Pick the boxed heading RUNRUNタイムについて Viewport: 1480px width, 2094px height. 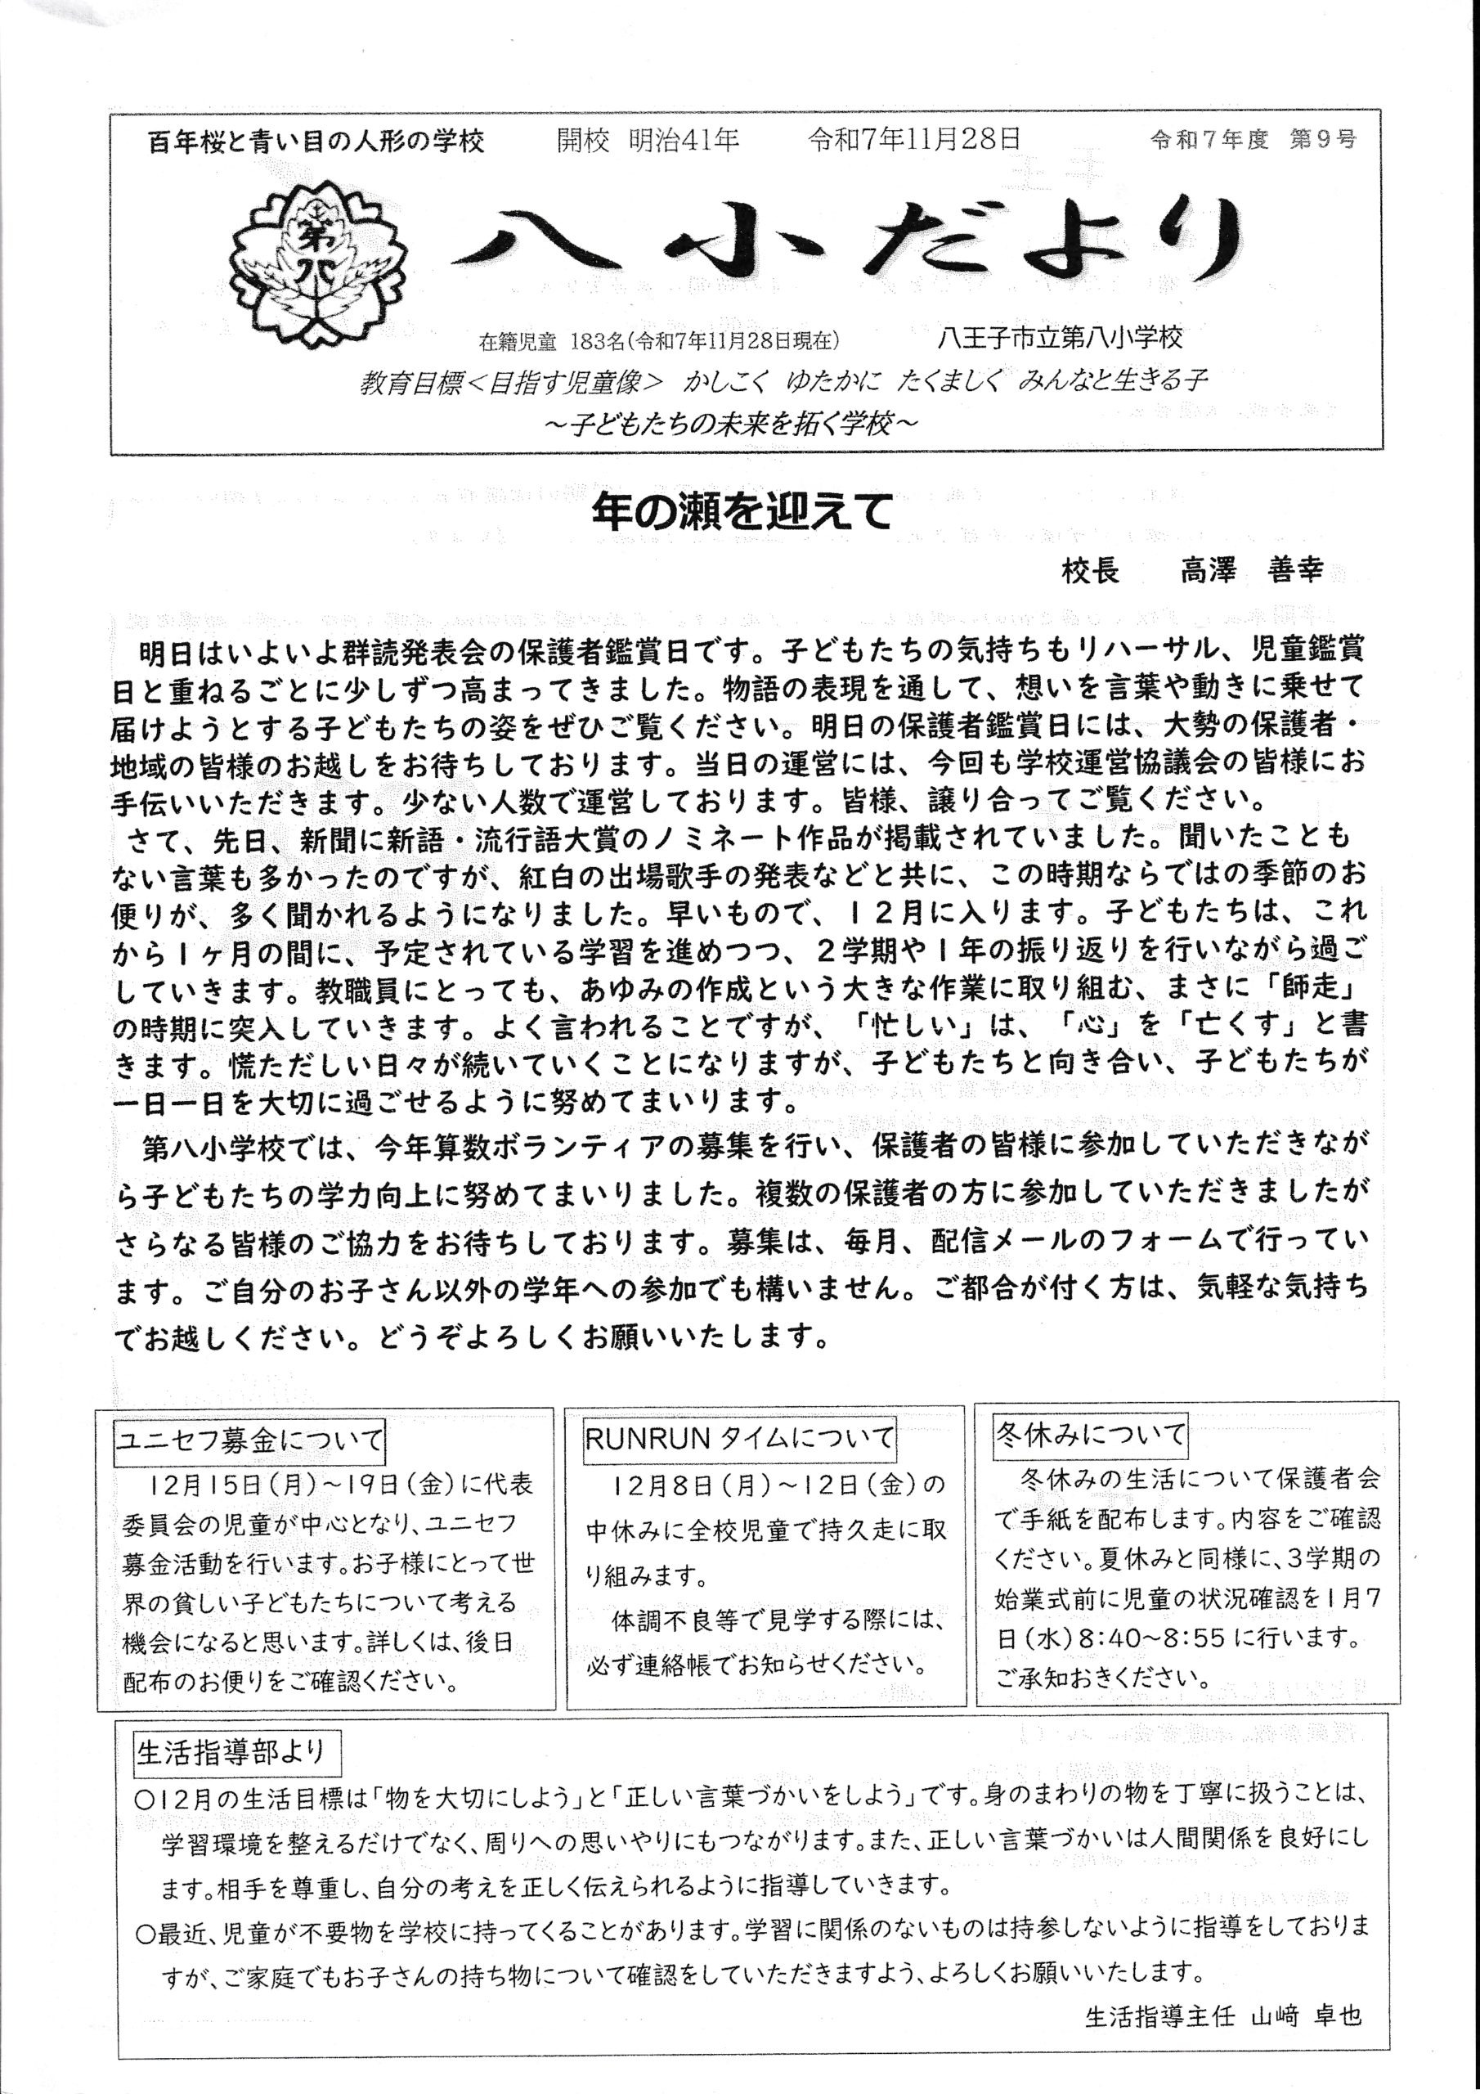pyautogui.click(x=738, y=1438)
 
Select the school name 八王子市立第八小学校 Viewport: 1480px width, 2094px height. pyautogui.click(x=1060, y=339)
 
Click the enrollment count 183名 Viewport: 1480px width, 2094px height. pyautogui.click(x=595, y=342)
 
